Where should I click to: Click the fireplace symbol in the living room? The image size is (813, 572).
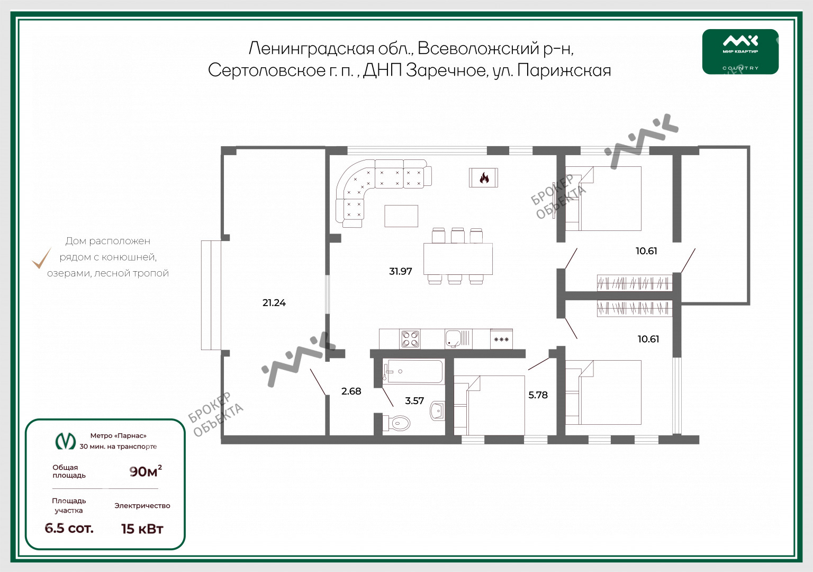coord(483,177)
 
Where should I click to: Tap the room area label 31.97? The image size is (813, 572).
coord(400,271)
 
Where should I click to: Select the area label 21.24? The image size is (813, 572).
coord(274,302)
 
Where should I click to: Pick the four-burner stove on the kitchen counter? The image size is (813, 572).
coord(410,339)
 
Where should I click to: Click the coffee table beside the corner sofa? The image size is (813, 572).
coord(401,216)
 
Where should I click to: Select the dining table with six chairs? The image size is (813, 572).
coord(458,256)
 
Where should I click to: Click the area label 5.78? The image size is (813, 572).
coord(538,395)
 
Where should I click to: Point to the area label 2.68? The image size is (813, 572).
coord(351,391)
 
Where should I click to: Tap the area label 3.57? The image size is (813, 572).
coord(414,400)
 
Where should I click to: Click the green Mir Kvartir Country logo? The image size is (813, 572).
coord(740,51)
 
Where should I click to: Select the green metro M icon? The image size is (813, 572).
coord(65,441)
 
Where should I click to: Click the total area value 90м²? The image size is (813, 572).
coord(146,471)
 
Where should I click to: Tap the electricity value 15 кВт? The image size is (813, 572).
coord(142,529)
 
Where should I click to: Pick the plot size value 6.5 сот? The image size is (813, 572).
coord(69,528)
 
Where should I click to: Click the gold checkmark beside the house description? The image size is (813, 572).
coord(41,258)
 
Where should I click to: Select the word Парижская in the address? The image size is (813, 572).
coord(564,70)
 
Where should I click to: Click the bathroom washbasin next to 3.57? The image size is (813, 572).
coord(437,411)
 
